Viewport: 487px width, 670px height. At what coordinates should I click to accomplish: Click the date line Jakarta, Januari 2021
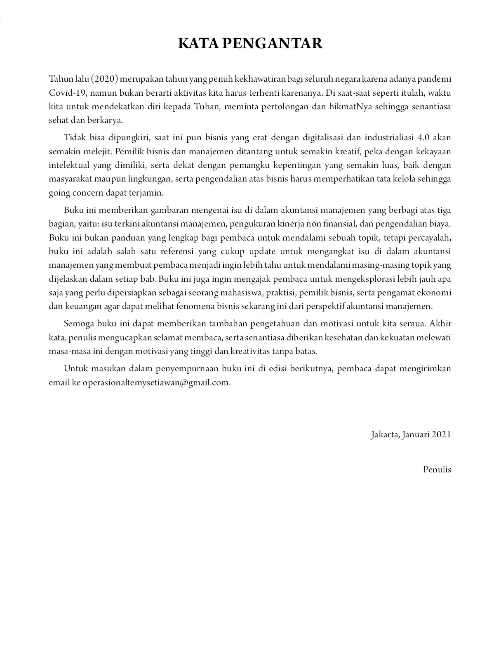click(411, 434)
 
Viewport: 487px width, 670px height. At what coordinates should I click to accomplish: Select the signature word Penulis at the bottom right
click(437, 469)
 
